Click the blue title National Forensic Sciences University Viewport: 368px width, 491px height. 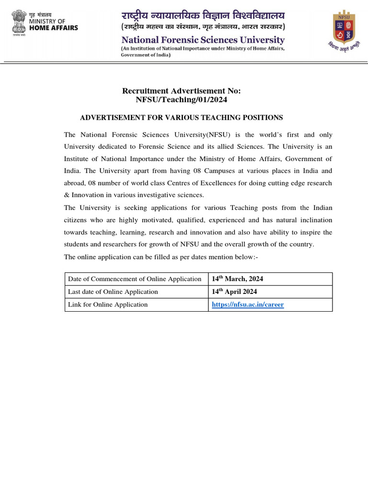(x=203, y=40)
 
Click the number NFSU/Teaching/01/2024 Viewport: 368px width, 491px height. (x=182, y=100)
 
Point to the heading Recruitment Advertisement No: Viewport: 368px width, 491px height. (x=182, y=91)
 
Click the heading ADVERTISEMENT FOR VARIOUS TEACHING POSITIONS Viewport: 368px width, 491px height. (x=181, y=117)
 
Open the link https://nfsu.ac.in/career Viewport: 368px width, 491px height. (x=248, y=304)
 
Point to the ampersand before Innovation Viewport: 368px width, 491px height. (x=67, y=195)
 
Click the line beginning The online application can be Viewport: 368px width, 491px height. (x=161, y=257)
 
